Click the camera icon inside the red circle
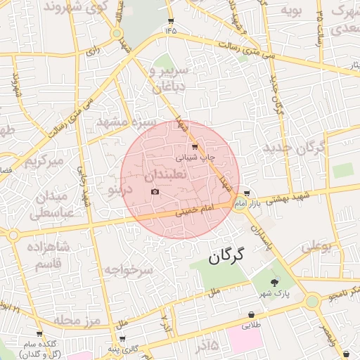point(155,192)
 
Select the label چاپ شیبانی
point(195,158)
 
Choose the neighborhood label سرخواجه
point(129,270)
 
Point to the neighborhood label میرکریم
point(44,161)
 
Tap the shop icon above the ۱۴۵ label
point(170,21)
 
